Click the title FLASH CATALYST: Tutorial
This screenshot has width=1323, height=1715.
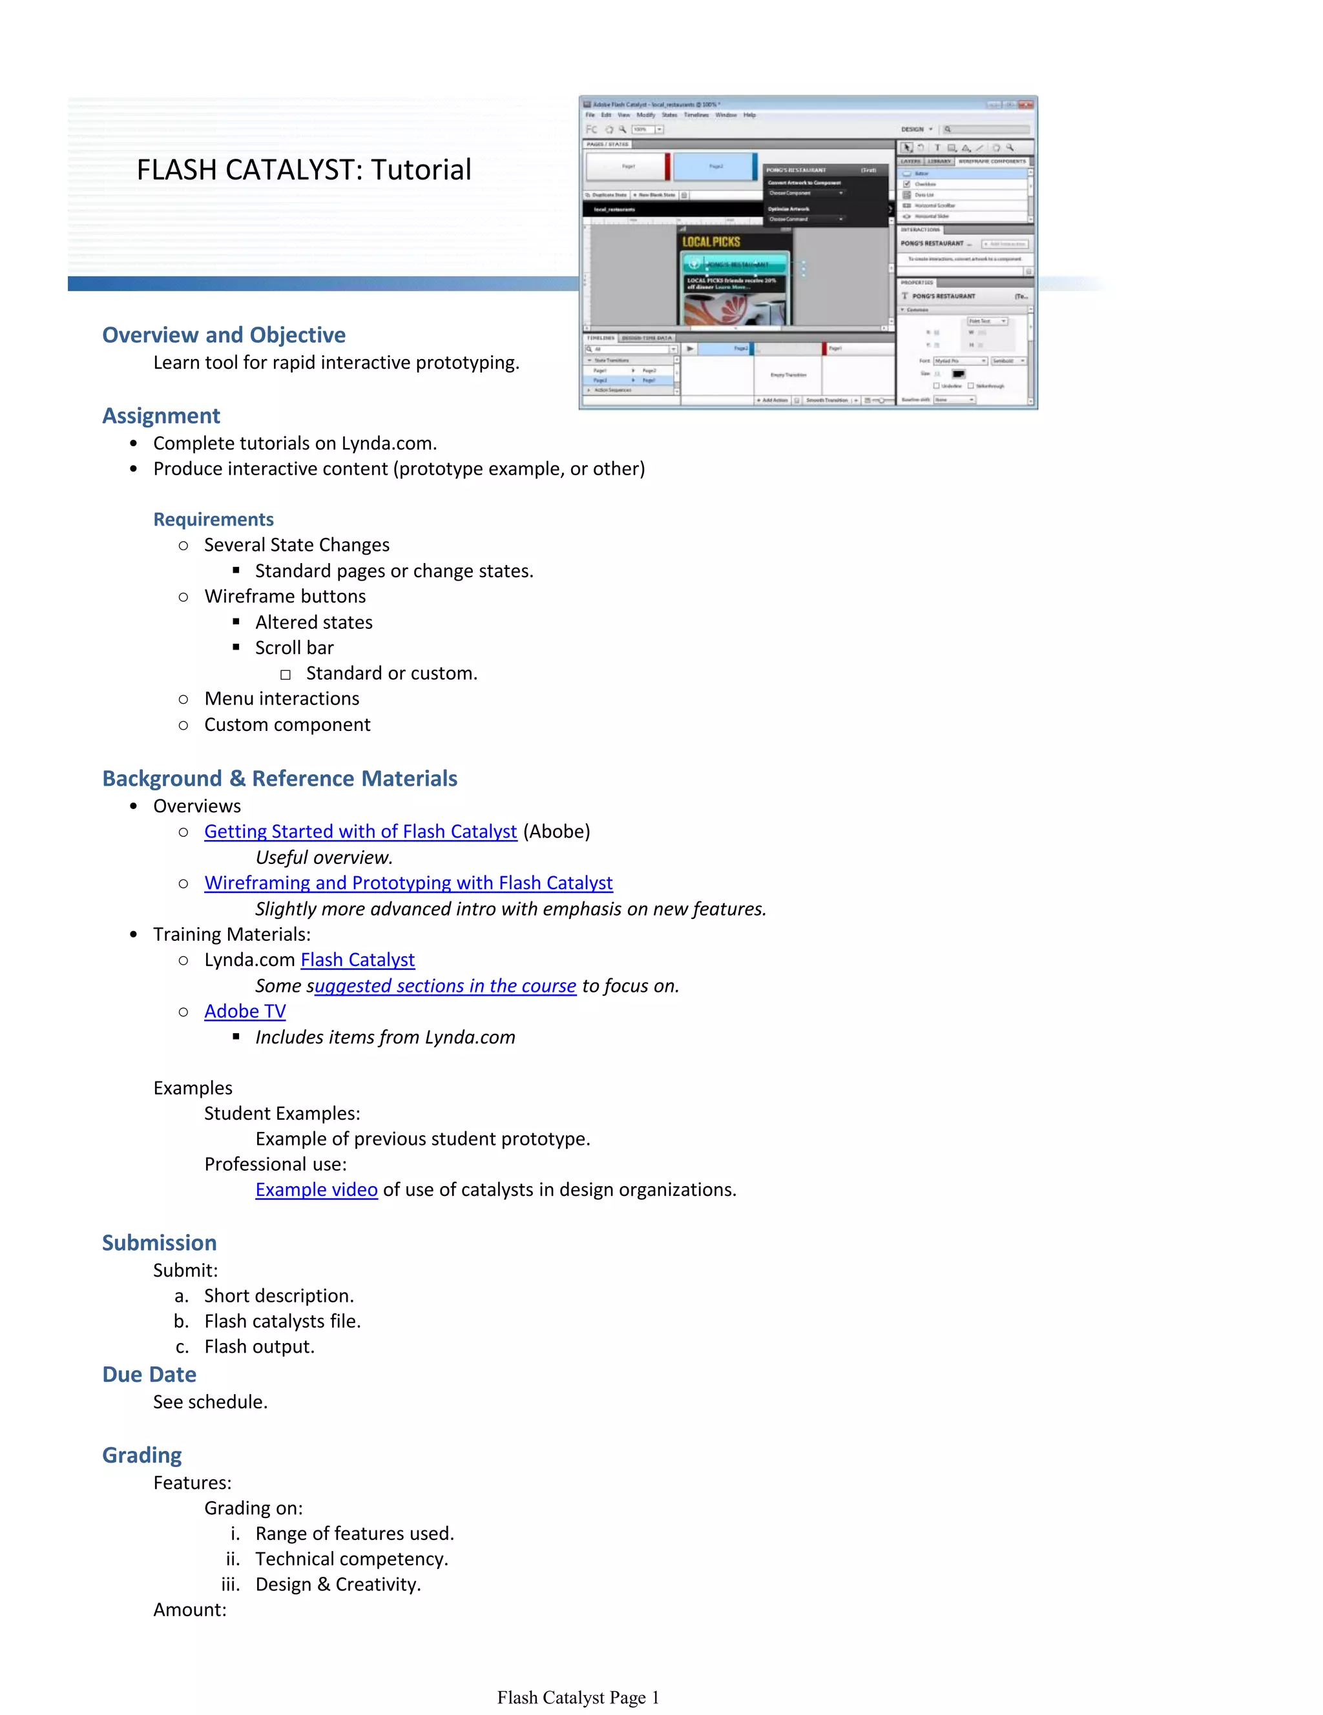coord(304,170)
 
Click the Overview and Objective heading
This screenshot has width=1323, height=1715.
coord(224,335)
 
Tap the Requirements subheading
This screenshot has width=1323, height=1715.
coord(214,519)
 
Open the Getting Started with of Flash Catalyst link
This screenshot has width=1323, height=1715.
coord(360,832)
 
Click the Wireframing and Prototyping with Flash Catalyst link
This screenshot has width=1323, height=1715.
coord(408,883)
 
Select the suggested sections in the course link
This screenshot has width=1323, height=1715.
coord(446,986)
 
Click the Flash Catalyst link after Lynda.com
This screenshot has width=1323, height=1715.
coord(357,960)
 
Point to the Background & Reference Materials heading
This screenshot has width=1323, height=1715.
coord(280,778)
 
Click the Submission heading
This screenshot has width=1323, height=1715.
coord(160,1242)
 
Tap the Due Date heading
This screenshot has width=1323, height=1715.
coord(149,1374)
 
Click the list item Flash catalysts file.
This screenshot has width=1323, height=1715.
coord(283,1321)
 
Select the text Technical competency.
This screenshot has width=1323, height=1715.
coord(352,1559)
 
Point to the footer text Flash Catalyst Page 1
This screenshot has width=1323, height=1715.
coord(578,1698)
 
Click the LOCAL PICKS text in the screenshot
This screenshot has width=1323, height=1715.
coord(711,242)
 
